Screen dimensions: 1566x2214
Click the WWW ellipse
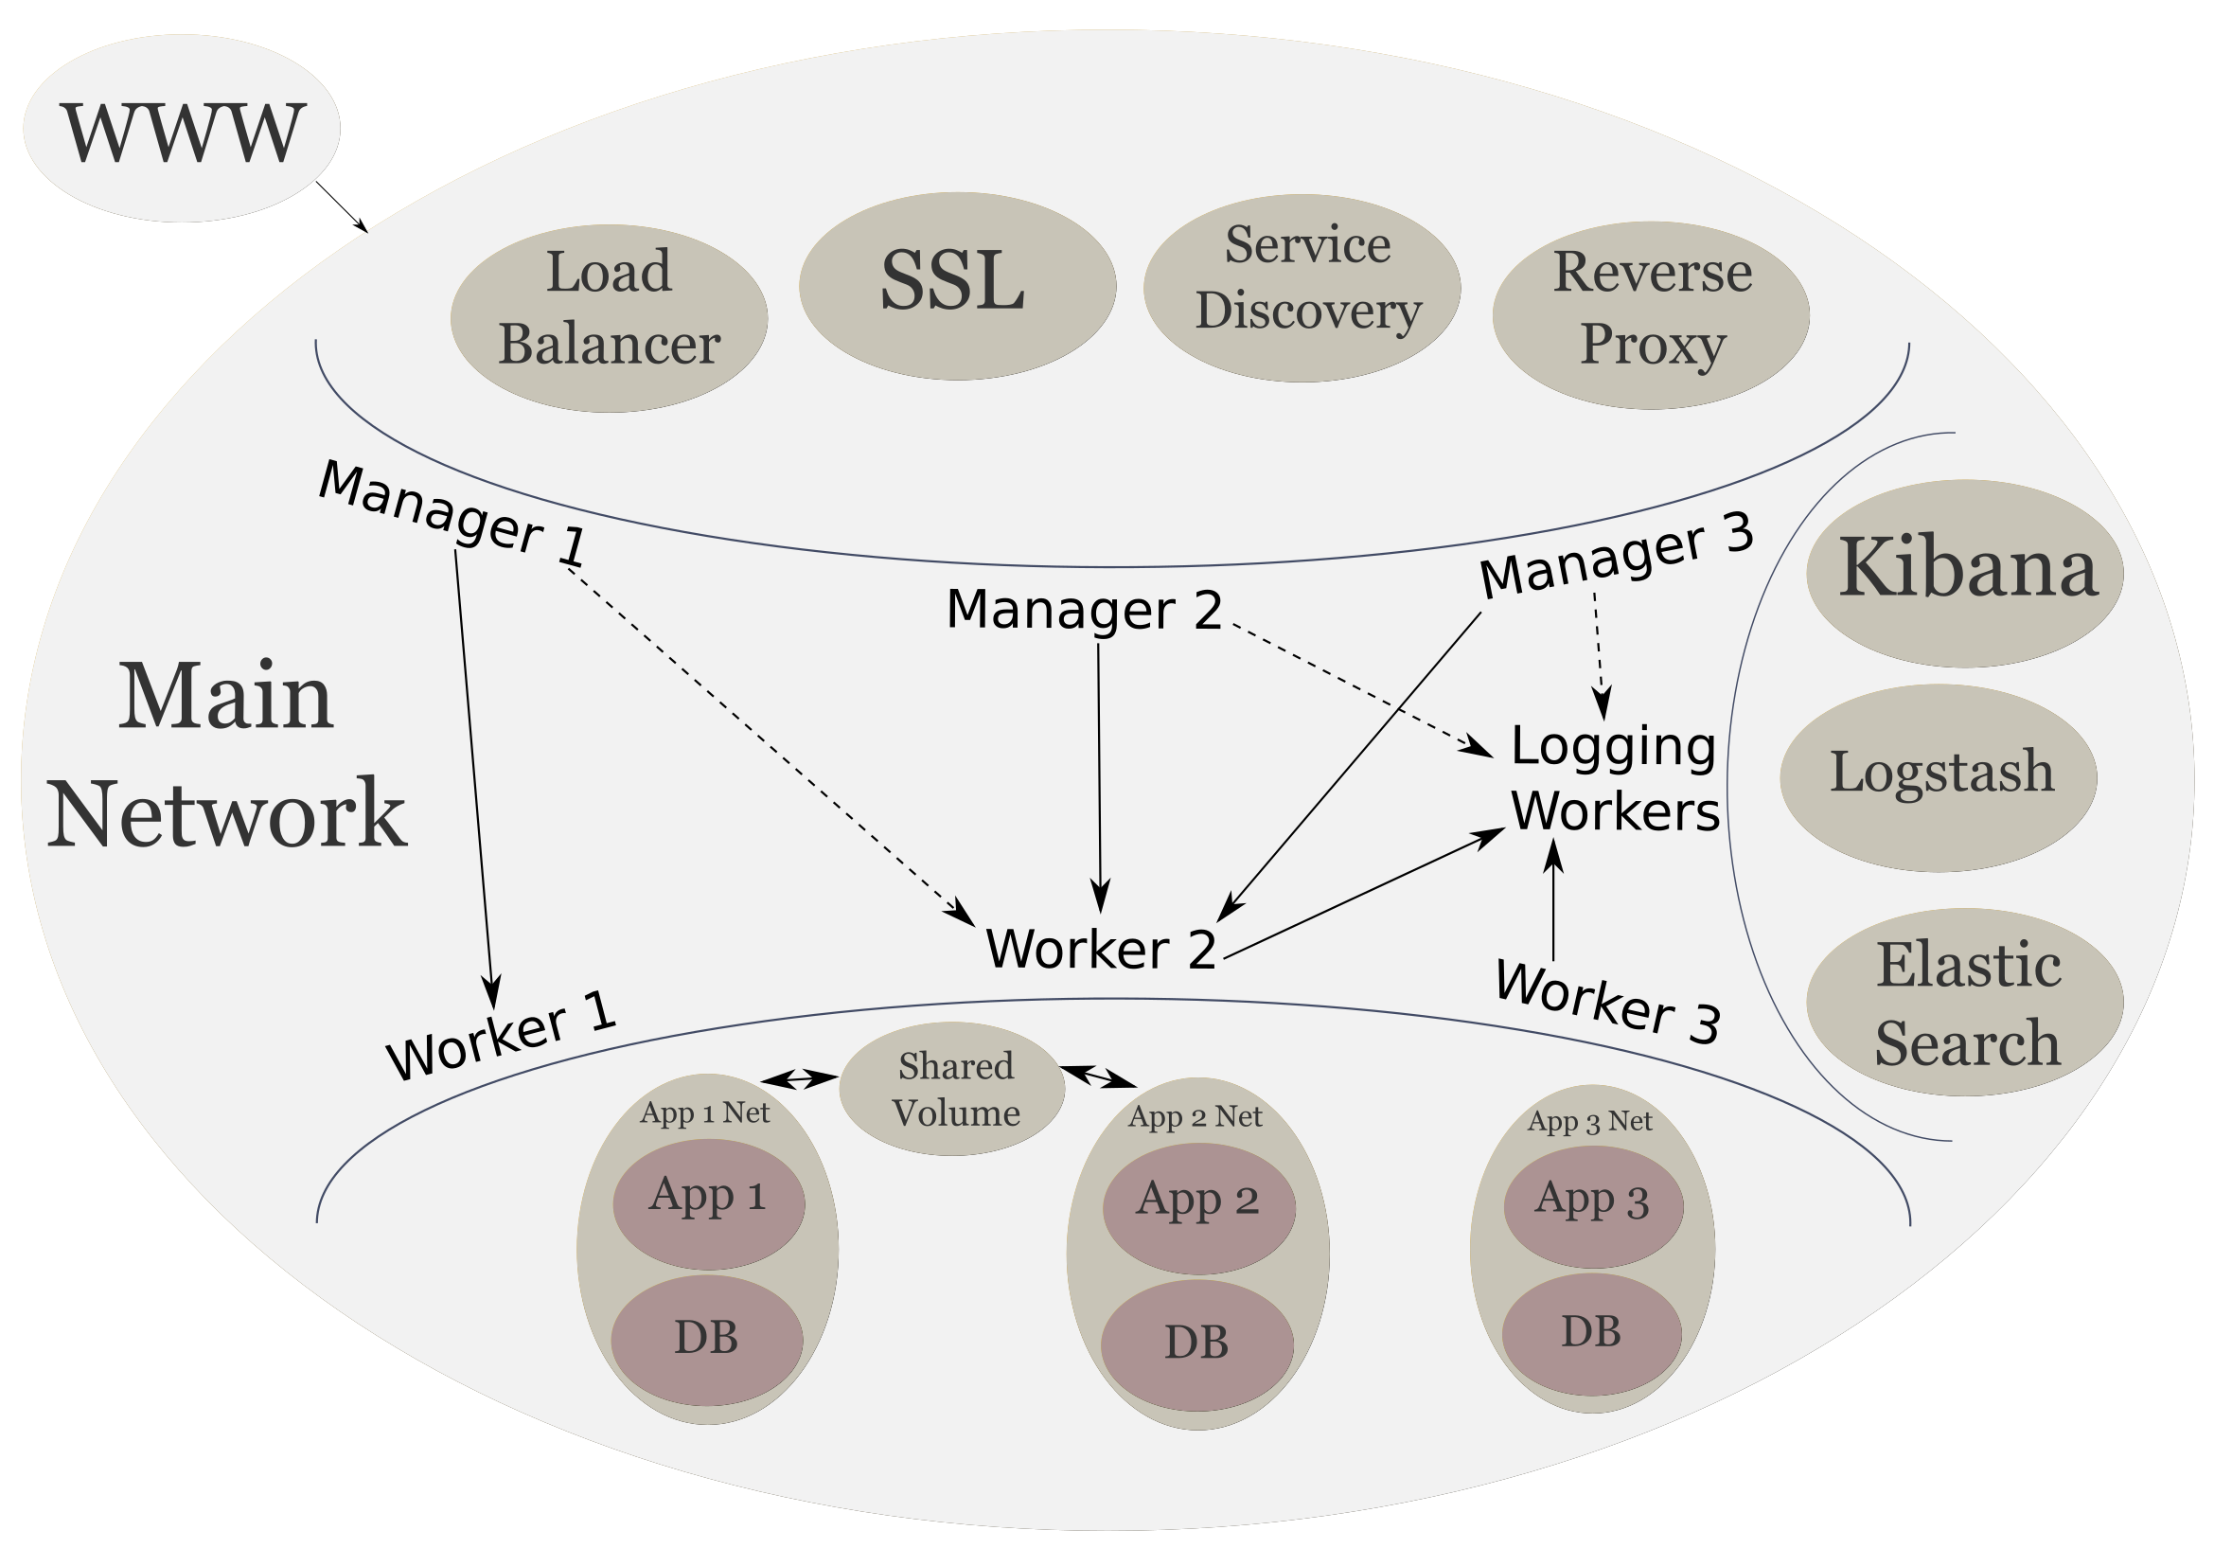click(x=182, y=128)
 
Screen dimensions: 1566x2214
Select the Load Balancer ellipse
click(x=609, y=318)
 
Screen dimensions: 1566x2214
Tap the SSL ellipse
click(x=957, y=285)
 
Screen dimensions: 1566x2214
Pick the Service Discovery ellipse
click(x=1302, y=289)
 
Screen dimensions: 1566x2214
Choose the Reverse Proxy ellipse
click(x=1650, y=315)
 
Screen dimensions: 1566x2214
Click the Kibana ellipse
click(x=1964, y=573)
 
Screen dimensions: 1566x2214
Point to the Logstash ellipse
click(x=1939, y=778)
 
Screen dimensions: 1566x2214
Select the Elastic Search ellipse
click(x=1964, y=1002)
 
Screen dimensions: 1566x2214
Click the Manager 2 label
click(x=1084, y=611)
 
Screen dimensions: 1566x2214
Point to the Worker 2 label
click(x=1100, y=949)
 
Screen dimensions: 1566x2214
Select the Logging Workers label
click(x=1613, y=778)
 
